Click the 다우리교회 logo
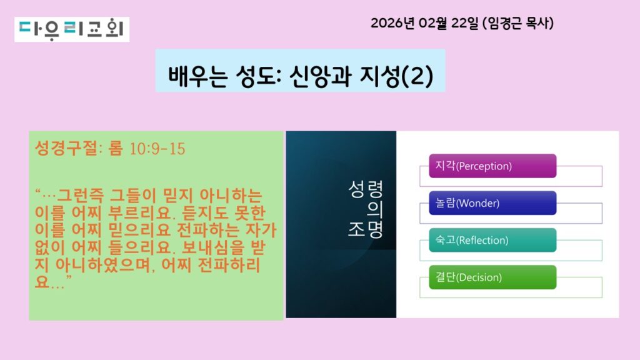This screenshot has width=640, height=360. (x=72, y=29)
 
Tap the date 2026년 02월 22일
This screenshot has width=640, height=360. (x=424, y=23)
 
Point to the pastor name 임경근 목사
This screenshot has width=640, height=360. (x=518, y=23)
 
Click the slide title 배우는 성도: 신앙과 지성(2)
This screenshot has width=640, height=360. (x=301, y=76)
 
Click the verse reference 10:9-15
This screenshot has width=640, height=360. (x=157, y=149)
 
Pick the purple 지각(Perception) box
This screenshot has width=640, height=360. (x=492, y=166)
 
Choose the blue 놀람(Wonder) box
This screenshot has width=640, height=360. (x=492, y=203)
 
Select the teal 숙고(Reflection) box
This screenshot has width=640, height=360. (x=492, y=240)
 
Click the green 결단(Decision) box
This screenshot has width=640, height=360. (x=492, y=277)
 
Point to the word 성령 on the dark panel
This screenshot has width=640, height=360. (x=365, y=189)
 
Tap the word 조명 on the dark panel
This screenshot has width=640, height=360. (x=365, y=229)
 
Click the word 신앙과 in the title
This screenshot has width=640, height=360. (x=319, y=76)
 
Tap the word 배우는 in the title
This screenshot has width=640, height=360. (x=197, y=76)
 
